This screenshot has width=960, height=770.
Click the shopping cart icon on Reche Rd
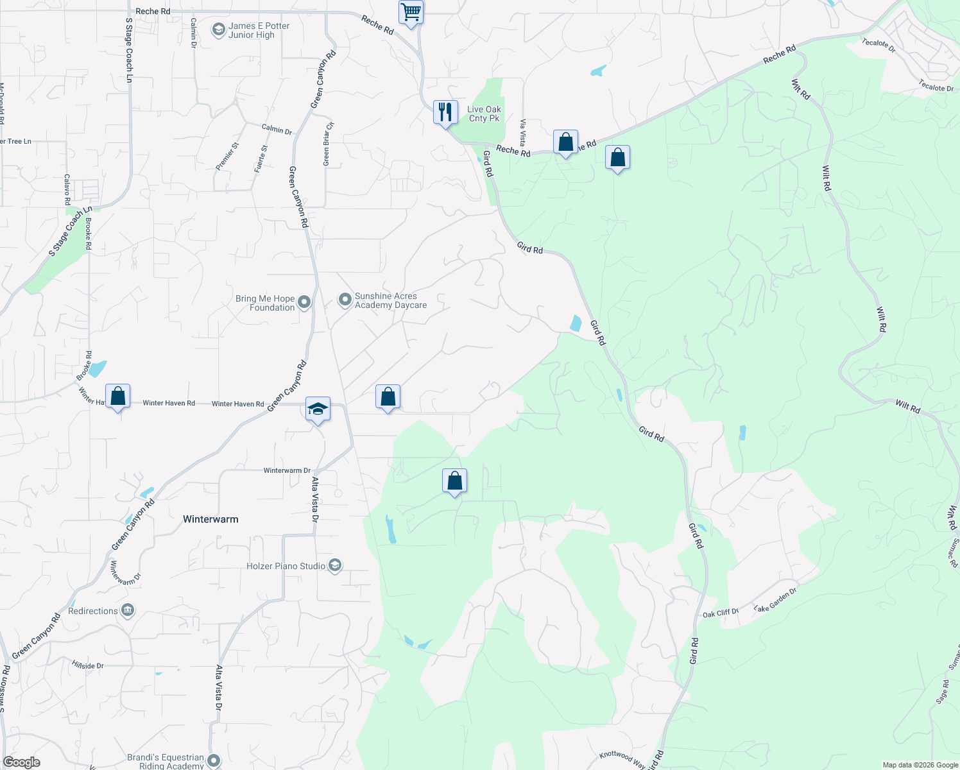411,12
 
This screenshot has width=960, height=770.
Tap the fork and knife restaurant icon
445,112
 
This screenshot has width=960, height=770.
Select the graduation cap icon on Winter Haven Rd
318,409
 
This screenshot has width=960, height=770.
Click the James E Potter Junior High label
259,31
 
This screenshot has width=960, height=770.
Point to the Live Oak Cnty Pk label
484,114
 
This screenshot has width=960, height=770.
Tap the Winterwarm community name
210,519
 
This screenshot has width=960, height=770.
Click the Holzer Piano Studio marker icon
334,565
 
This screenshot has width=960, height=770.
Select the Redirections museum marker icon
128,610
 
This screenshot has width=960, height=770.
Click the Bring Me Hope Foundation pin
305,302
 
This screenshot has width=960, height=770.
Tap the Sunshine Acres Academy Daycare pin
345,299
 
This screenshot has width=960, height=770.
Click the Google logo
22,762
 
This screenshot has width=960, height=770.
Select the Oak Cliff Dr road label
720,613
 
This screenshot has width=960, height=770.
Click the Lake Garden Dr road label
775,599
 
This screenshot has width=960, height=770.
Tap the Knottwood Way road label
622,759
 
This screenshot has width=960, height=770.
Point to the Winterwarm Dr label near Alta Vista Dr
287,470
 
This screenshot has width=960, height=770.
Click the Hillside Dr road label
88,665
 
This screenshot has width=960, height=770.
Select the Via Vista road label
523,132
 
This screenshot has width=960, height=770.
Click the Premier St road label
227,156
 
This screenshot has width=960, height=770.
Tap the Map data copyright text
920,765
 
